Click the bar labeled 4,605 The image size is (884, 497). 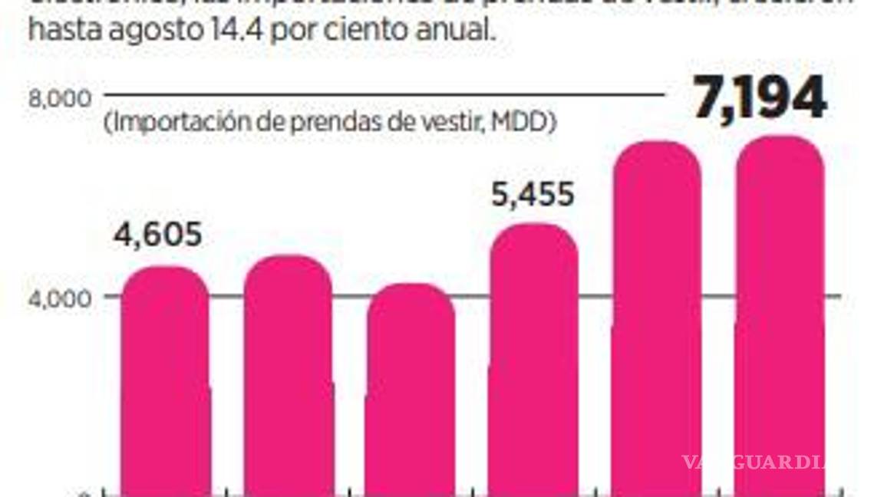(165, 383)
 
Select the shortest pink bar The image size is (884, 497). (411, 391)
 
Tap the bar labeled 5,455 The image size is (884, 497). (533, 360)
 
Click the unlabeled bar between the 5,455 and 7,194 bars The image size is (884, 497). (657, 322)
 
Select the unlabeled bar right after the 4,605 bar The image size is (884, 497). (288, 376)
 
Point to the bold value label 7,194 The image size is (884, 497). (760, 98)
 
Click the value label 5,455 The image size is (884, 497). (533, 194)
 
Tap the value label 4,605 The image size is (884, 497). (158, 234)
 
